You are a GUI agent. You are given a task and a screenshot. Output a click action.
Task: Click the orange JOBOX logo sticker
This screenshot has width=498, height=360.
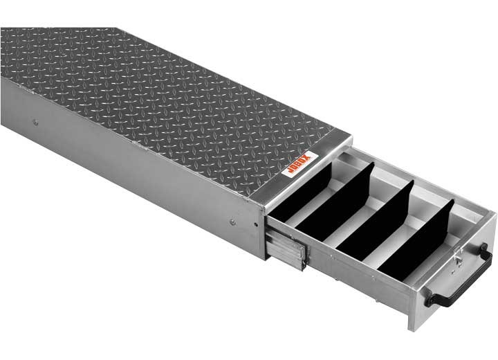tap(299, 164)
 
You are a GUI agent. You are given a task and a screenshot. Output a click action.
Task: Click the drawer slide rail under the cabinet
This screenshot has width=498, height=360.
tap(285, 250)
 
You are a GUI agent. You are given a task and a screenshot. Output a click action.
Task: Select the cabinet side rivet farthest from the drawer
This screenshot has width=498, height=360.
tap(35, 123)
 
